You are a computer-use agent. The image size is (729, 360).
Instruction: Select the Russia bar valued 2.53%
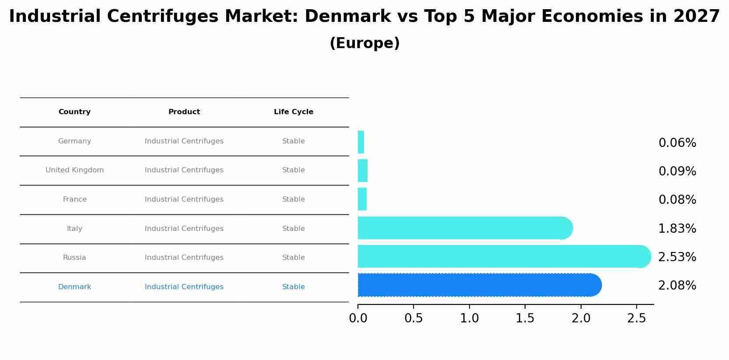click(x=503, y=257)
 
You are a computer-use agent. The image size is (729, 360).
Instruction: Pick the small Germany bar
click(x=361, y=142)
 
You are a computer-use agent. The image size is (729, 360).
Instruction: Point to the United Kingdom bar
click(x=363, y=171)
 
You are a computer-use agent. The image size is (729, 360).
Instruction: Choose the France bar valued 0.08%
click(x=362, y=199)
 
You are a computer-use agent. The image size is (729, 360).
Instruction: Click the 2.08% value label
click(x=677, y=286)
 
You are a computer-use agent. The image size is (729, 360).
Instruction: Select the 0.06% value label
click(x=677, y=143)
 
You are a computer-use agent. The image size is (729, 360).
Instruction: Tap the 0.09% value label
click(x=677, y=171)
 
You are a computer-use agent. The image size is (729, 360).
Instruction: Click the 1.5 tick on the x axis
click(x=525, y=318)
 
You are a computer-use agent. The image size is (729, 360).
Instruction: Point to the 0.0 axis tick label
click(x=358, y=318)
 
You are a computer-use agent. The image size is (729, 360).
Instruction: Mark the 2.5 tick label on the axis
click(x=636, y=318)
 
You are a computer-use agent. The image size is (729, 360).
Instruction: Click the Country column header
click(x=74, y=112)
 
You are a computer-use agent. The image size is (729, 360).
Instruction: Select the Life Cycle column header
click(x=294, y=112)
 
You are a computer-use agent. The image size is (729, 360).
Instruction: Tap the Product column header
click(x=184, y=112)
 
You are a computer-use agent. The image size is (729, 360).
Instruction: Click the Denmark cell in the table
click(x=74, y=287)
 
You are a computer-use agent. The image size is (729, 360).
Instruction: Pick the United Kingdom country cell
click(x=74, y=170)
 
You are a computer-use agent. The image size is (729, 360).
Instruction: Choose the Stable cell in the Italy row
click(x=294, y=229)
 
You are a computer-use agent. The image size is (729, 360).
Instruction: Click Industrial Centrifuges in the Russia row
click(x=184, y=258)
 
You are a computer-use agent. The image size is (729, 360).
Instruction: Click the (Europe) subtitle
click(x=364, y=43)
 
